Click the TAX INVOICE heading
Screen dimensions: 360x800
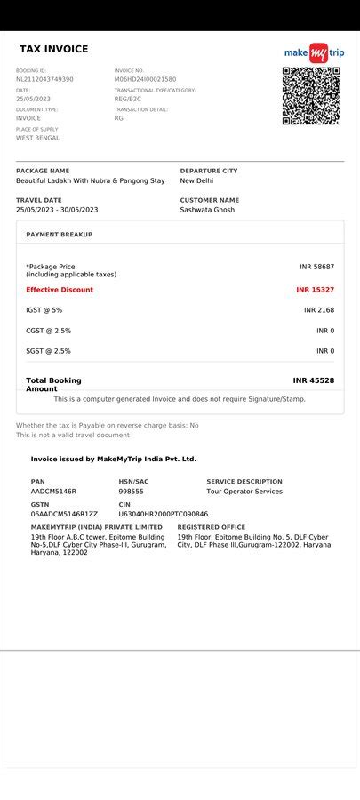[x=54, y=50]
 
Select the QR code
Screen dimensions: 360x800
[x=311, y=96]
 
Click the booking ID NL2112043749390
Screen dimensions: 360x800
[x=44, y=79]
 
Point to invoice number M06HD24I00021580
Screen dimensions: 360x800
[x=145, y=79]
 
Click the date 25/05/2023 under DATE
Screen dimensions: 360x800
[x=34, y=99]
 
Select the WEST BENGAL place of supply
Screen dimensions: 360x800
[x=38, y=138]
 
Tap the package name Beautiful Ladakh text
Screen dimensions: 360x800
[x=90, y=180]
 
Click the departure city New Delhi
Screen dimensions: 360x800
[x=196, y=180]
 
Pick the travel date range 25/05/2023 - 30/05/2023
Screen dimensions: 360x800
[x=57, y=210]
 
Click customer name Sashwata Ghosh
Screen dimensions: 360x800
[x=207, y=210]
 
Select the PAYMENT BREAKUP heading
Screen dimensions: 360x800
[x=59, y=235]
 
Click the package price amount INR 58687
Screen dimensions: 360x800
[x=316, y=267]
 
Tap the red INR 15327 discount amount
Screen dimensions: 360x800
[x=315, y=290]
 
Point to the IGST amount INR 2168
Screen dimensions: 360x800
[x=319, y=310]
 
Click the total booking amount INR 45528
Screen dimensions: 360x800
[x=313, y=380]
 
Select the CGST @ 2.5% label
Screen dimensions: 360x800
[x=49, y=331]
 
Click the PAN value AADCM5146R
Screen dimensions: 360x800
[x=53, y=492]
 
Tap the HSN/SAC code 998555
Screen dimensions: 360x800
[x=131, y=492]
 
